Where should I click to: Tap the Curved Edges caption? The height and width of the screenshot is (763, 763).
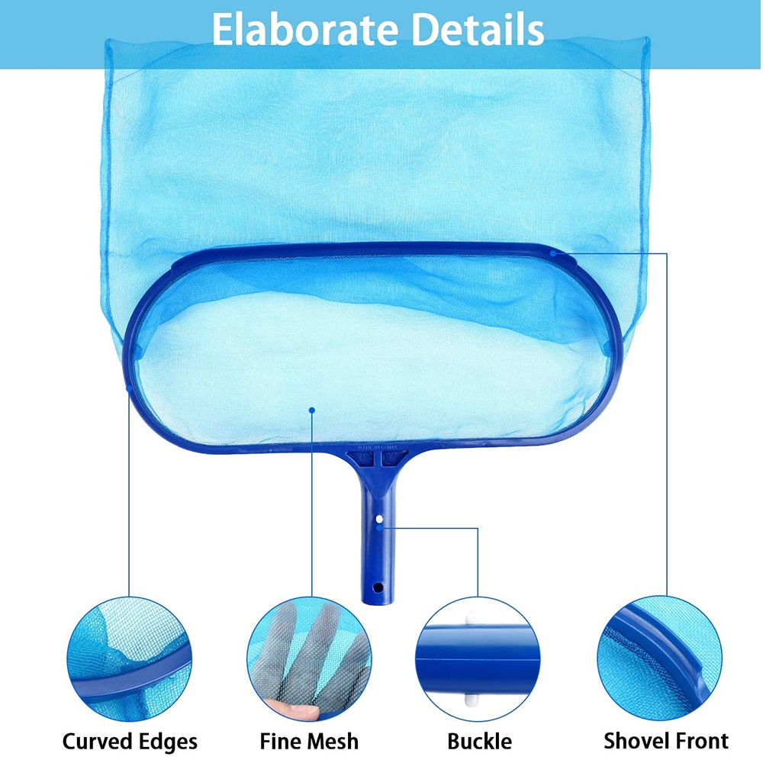130,741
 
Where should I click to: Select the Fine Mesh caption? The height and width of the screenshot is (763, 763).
309,741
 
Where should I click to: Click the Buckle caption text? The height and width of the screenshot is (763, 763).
479,741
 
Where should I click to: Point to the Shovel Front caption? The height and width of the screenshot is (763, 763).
666,740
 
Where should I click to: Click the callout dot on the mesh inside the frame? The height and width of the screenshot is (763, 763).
312,410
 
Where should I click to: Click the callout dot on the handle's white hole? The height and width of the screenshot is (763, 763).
379,526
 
